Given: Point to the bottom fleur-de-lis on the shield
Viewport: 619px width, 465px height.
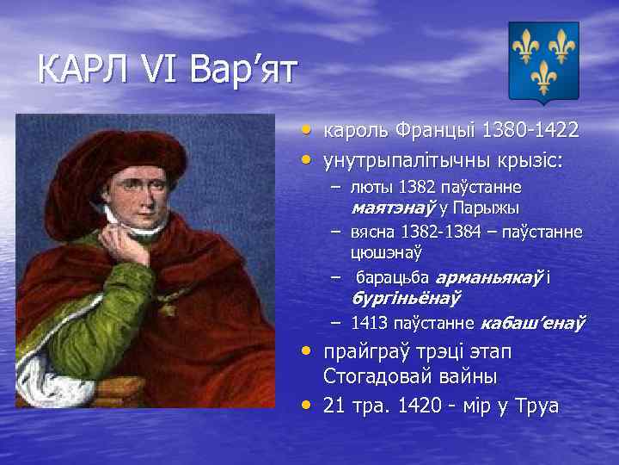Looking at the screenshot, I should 543,77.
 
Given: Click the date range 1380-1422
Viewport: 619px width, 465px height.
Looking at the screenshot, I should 530,130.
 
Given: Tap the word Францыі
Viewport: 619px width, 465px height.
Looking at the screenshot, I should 433,130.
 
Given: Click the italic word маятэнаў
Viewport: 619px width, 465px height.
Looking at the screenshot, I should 394,208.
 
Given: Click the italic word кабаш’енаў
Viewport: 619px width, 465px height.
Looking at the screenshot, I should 533,323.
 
